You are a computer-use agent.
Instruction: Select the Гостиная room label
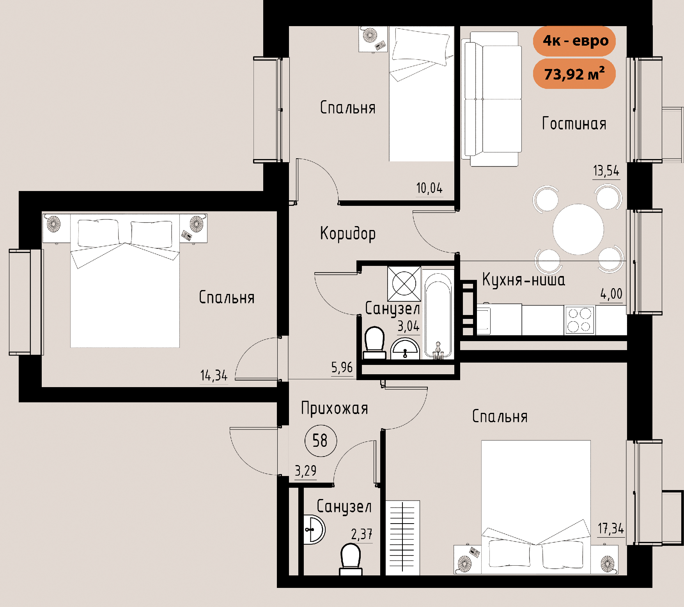574,124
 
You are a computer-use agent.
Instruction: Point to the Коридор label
348,234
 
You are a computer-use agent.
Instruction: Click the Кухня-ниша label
523,280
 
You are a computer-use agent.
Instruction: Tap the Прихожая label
335,409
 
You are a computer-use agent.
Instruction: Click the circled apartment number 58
320,441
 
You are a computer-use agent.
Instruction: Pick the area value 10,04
429,188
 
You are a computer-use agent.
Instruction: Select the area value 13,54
606,171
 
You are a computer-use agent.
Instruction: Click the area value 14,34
214,375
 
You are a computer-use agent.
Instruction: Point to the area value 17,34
611,529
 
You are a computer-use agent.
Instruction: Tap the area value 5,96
342,367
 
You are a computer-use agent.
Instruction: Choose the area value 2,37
361,534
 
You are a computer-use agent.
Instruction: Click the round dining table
578,229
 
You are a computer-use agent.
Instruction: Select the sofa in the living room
492,99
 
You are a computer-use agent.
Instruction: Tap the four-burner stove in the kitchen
579,320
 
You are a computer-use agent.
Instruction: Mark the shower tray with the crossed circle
404,283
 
